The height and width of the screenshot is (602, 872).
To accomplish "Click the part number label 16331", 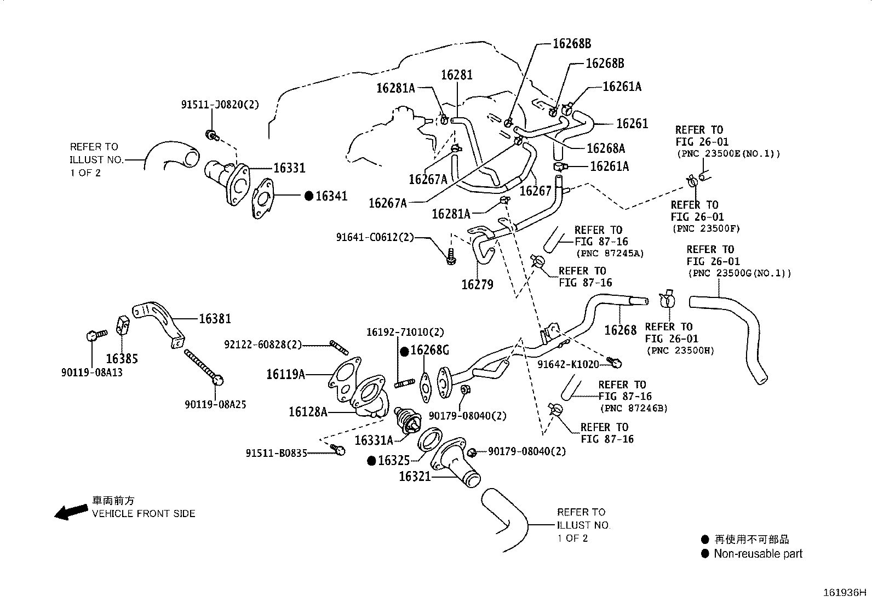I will [x=289, y=169].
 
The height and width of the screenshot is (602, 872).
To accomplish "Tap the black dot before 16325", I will [x=371, y=461].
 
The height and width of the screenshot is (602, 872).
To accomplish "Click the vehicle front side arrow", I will [x=71, y=512].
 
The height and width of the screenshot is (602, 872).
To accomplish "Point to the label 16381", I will [x=215, y=319].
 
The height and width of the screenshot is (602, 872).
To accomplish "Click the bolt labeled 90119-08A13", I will [x=93, y=335].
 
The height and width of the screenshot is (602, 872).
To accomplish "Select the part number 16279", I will [x=477, y=284].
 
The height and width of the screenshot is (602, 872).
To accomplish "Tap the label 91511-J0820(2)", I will [x=220, y=104].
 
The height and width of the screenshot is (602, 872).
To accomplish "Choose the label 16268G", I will [x=430, y=350].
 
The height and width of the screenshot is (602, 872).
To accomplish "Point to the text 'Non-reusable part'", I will [x=758, y=554].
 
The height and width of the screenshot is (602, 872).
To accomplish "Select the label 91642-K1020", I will [x=568, y=364].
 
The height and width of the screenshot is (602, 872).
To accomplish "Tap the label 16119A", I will [x=285, y=375].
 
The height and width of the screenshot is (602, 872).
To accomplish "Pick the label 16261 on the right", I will [x=632, y=124].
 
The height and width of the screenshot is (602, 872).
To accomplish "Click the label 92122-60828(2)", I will [x=263, y=345].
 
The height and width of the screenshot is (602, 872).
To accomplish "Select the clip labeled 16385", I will [x=123, y=325].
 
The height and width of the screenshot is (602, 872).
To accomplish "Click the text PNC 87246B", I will [x=634, y=408].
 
